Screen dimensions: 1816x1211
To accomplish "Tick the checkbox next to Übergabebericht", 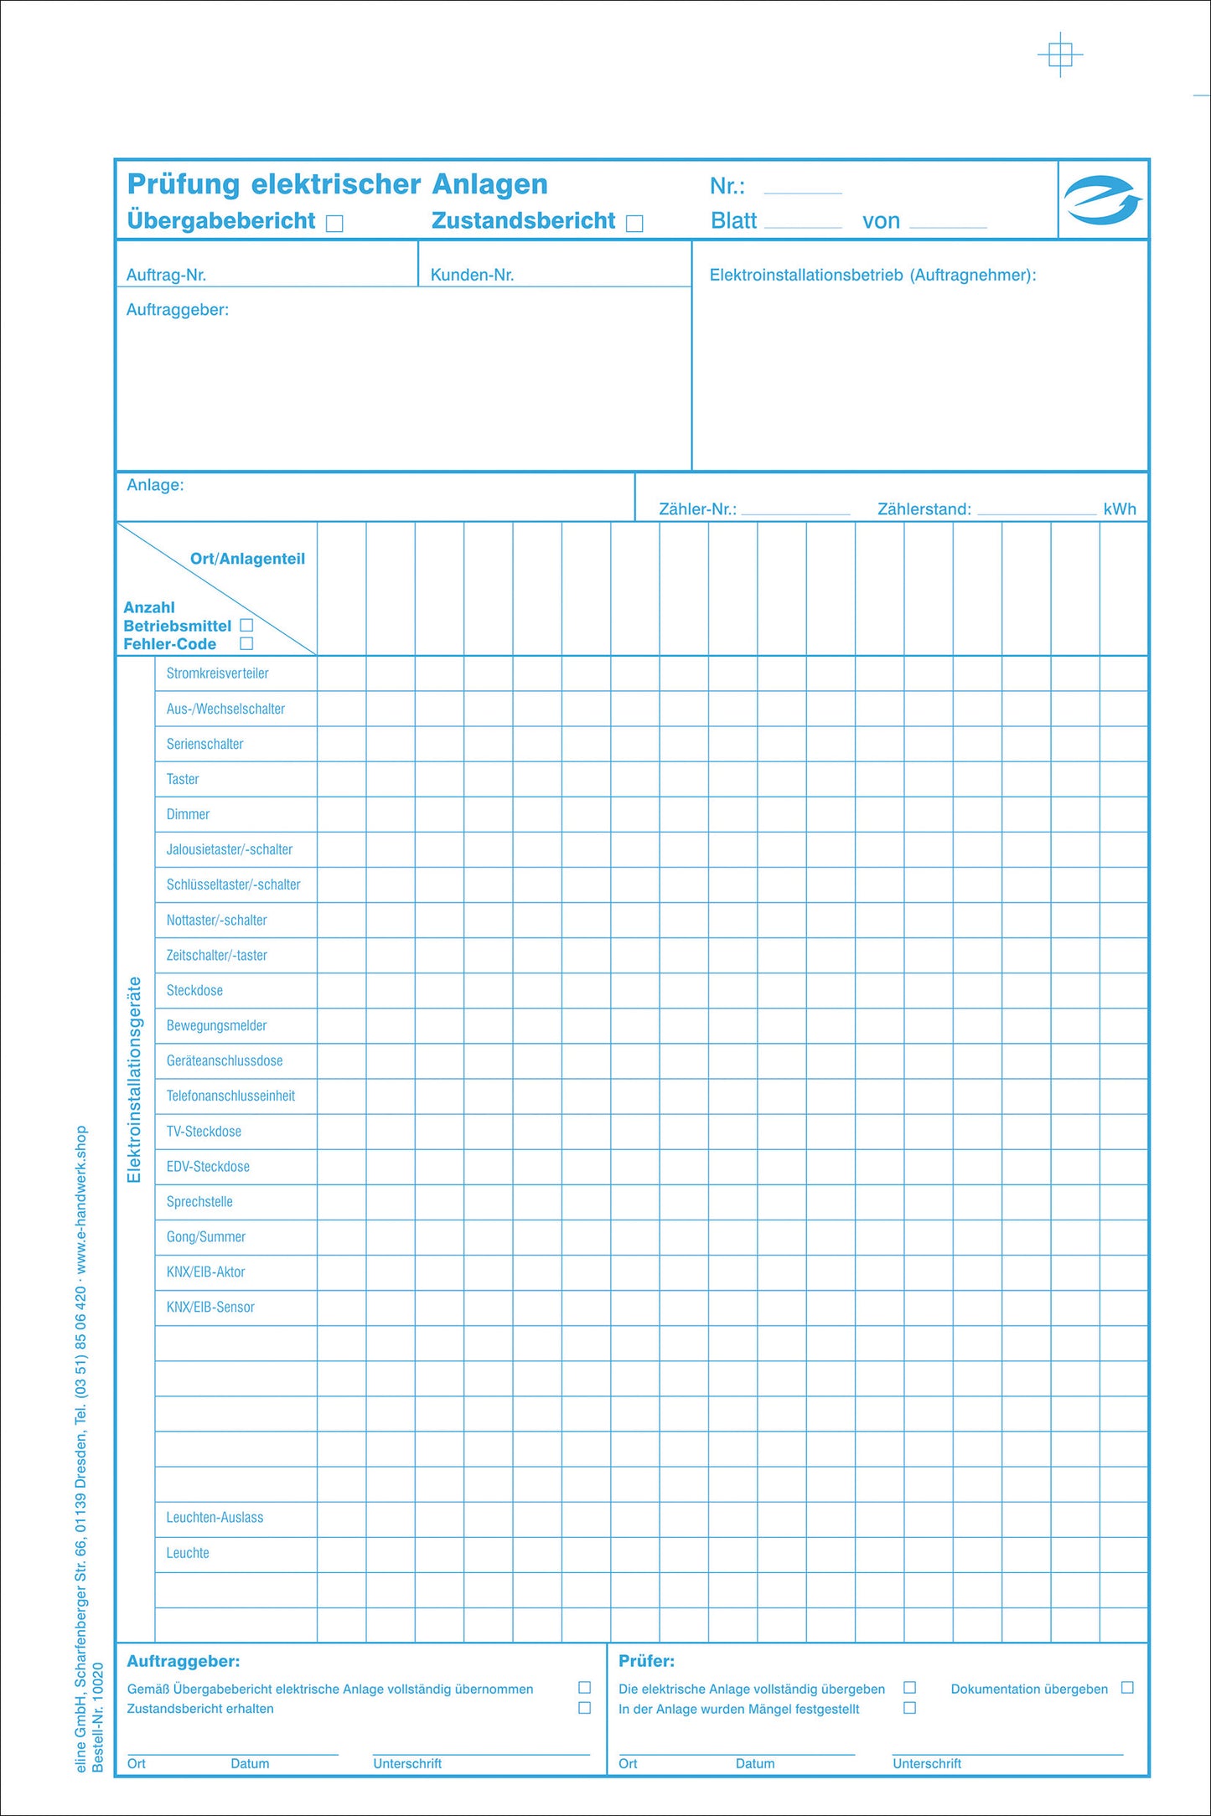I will [334, 224].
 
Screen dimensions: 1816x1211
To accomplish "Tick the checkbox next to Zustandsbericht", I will [634, 224].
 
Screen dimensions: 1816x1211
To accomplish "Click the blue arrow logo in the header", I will [1102, 200].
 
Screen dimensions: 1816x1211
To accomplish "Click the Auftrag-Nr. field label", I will [166, 275].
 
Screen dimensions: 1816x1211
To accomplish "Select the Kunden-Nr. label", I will [472, 275].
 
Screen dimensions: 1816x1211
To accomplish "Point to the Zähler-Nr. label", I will [697, 509].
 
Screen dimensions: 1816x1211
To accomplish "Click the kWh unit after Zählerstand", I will [1120, 509].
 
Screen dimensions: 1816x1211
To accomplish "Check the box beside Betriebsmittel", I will [246, 625].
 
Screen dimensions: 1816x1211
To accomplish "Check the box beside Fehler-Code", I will [246, 643].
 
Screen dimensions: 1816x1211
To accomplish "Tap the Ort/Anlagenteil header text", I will [247, 559].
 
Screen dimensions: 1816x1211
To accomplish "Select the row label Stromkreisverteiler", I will [217, 673].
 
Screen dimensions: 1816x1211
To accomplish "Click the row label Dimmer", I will [188, 814].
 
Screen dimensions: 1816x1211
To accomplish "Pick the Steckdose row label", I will [194, 990].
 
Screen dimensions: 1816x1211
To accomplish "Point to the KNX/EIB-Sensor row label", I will [210, 1307].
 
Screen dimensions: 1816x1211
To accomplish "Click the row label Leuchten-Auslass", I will [215, 1518].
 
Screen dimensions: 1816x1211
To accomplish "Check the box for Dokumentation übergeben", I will [1127, 1688].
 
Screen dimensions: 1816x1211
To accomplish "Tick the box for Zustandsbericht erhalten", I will [585, 1708].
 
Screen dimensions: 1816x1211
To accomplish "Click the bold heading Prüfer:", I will [646, 1661].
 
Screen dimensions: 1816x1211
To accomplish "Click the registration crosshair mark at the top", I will [1060, 55].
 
